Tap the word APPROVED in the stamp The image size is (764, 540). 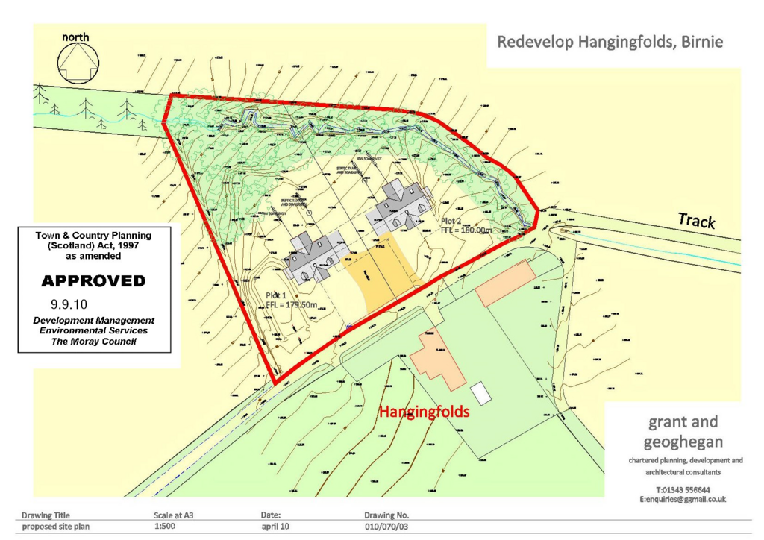click(93, 281)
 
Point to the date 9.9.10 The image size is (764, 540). click(67, 304)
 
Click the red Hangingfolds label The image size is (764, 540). click(424, 411)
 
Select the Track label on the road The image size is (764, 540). click(696, 221)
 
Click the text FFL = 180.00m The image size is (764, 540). click(467, 230)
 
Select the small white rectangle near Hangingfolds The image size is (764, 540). click(481, 392)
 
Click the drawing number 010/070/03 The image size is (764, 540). click(386, 527)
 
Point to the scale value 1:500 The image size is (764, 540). click(164, 527)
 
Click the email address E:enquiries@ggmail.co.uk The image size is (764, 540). click(683, 499)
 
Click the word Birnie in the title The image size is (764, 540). click(700, 42)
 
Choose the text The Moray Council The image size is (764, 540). click(93, 341)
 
